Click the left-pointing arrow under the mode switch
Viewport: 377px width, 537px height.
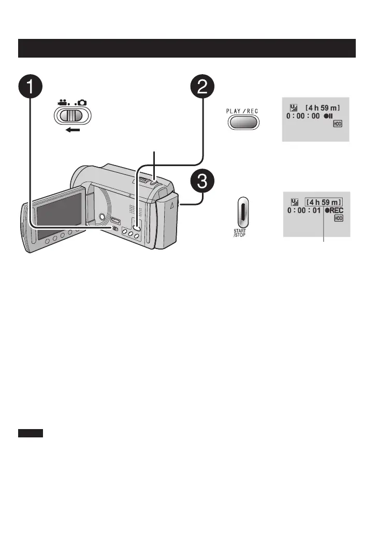72,130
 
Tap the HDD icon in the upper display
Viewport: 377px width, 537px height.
338,125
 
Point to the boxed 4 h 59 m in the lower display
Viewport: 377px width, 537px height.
324,201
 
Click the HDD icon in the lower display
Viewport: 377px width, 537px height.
338,219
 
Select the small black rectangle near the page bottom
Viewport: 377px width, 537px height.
31,433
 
